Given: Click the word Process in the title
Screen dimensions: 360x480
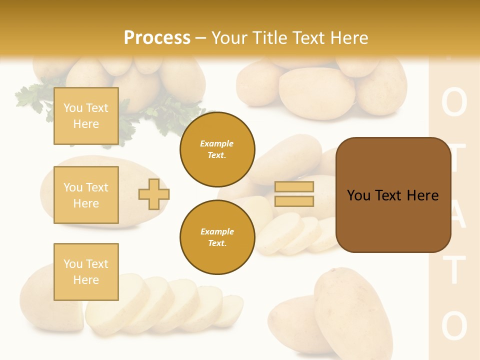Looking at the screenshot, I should tap(157, 38).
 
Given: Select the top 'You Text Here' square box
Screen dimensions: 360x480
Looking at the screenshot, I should tap(86, 116).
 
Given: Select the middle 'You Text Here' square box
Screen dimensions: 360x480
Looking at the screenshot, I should tap(86, 195).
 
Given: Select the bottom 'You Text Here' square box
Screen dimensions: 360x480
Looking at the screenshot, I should tap(86, 272).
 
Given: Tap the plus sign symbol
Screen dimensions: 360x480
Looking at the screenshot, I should tap(154, 194).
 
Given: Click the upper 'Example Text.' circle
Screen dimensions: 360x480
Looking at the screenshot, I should tap(217, 149).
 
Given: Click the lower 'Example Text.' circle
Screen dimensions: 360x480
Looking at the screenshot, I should tap(217, 237).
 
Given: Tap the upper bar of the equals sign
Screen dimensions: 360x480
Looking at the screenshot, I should tap(294, 186).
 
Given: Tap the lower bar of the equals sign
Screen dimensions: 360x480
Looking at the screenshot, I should tap(294, 201).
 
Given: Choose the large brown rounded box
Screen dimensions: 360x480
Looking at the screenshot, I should tap(393, 195).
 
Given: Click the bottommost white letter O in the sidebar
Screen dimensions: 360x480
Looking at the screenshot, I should tap(454, 326).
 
